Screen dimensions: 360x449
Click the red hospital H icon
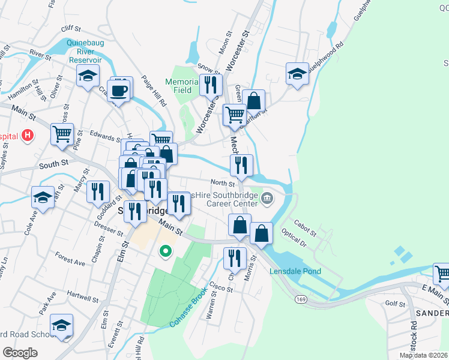[x=26, y=136]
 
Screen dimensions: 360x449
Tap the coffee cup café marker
[x=119, y=91]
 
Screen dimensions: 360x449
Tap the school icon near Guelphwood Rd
[x=297, y=74]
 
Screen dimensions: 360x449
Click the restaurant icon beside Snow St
[x=210, y=85]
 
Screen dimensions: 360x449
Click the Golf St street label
[x=395, y=304]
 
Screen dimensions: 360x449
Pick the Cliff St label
[x=70, y=28]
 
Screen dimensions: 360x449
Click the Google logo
[x=20, y=352]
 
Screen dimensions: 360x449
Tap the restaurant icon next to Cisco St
[x=234, y=257]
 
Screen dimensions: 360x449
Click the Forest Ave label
[x=70, y=262]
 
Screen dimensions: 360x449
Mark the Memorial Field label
[x=182, y=86]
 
